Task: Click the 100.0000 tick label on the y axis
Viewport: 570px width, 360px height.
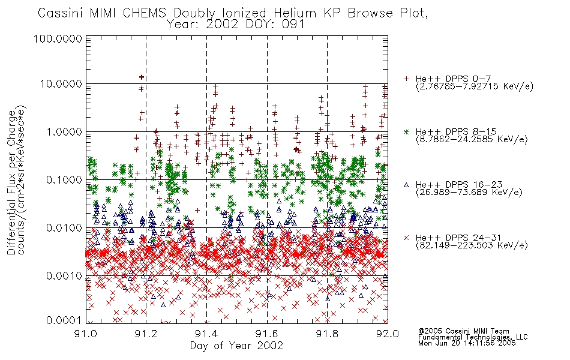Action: click(x=58, y=38)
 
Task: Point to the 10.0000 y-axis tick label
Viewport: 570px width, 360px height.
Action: click(x=61, y=84)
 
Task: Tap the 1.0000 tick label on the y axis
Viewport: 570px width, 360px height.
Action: click(x=64, y=131)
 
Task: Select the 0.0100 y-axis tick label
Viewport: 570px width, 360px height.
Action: click(x=64, y=228)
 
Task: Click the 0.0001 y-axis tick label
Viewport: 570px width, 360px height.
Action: click(x=64, y=320)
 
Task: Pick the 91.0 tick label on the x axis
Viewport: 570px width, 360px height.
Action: click(x=85, y=334)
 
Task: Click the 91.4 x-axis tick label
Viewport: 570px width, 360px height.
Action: click(x=206, y=334)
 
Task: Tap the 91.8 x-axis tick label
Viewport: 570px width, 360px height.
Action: click(x=327, y=334)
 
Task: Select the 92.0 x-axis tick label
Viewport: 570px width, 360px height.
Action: click(x=388, y=334)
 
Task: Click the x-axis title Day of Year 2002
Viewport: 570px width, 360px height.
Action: click(x=236, y=346)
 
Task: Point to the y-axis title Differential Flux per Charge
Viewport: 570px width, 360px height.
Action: click(x=11, y=182)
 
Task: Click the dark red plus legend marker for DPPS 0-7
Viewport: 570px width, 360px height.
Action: click(x=406, y=79)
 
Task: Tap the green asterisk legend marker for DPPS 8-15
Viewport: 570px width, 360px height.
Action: click(x=406, y=131)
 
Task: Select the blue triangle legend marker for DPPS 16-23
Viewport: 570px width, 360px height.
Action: click(x=406, y=185)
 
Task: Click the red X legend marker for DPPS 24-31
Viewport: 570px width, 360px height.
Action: click(x=406, y=238)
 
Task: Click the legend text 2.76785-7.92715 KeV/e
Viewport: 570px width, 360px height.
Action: click(x=475, y=86)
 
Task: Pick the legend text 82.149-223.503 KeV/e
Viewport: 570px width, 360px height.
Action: click(x=472, y=245)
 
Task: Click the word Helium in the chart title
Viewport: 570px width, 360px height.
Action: click(x=295, y=13)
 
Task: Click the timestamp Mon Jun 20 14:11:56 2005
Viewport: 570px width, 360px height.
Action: click(x=467, y=343)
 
